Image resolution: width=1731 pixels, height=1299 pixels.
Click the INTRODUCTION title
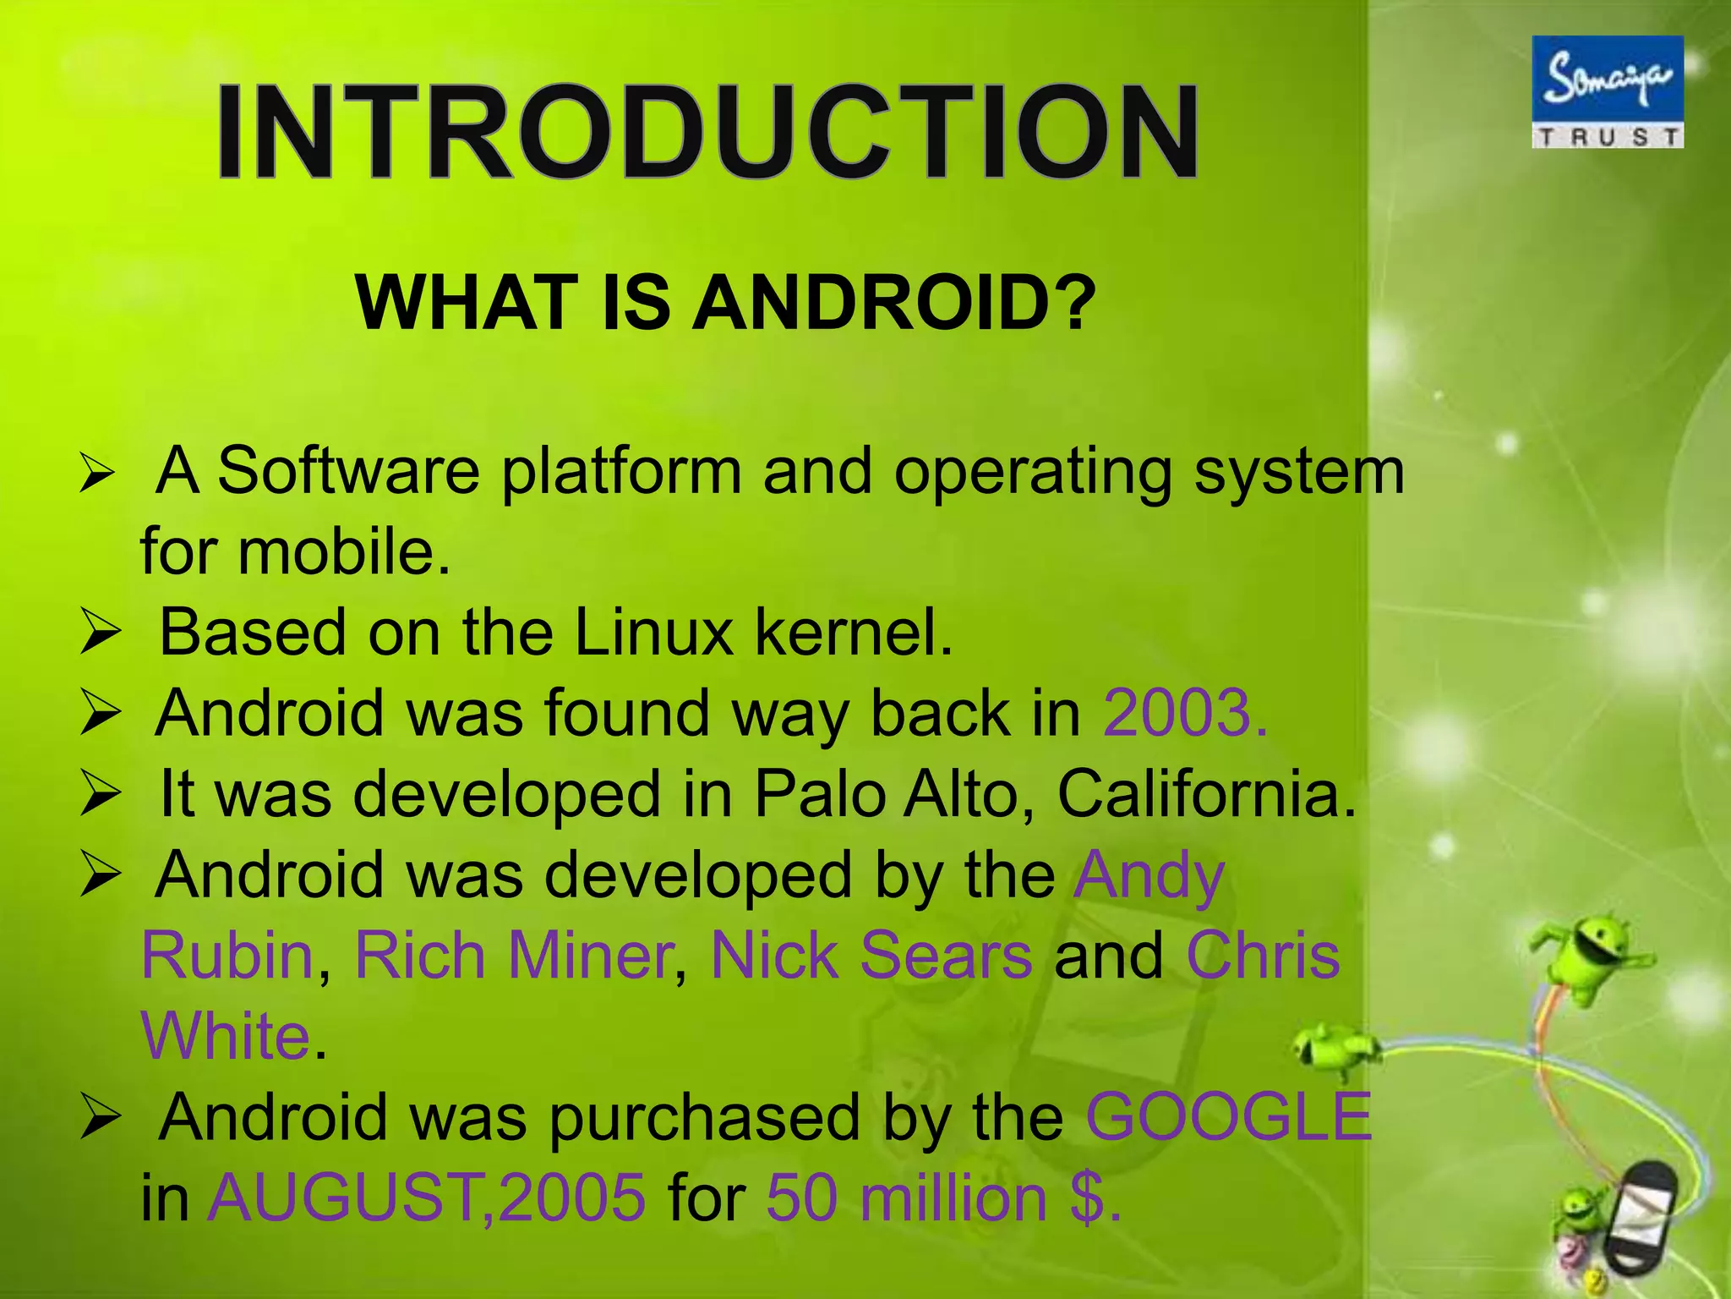tap(707, 133)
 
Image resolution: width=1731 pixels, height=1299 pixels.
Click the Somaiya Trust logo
tap(1607, 92)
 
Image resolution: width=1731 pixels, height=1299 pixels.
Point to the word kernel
tap(854, 632)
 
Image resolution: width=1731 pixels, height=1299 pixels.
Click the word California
tap(1205, 794)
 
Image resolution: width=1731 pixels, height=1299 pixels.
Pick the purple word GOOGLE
tap(1228, 1117)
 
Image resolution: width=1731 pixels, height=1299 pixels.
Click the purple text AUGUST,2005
tap(427, 1198)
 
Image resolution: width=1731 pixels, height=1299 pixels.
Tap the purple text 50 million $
tap(942, 1198)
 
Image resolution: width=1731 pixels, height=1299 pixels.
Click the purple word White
tap(226, 1036)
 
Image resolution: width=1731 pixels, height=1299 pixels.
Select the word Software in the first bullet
tap(348, 470)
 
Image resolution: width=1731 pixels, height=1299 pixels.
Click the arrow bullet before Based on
tap(101, 633)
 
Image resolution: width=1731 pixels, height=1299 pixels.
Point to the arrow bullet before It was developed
tap(101, 795)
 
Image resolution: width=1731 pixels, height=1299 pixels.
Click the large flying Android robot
tap(1592, 956)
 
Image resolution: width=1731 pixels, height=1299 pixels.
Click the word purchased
tap(703, 1117)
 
